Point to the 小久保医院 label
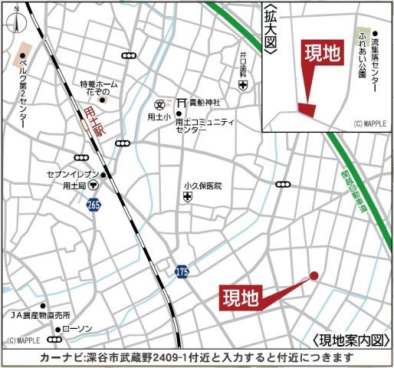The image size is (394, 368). (x=202, y=186)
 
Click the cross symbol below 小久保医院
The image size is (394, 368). (x=186, y=198)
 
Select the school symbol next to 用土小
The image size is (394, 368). (x=161, y=103)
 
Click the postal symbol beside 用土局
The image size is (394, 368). (x=91, y=186)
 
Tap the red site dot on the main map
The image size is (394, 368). (x=314, y=276)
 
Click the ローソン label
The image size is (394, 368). (x=76, y=329)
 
